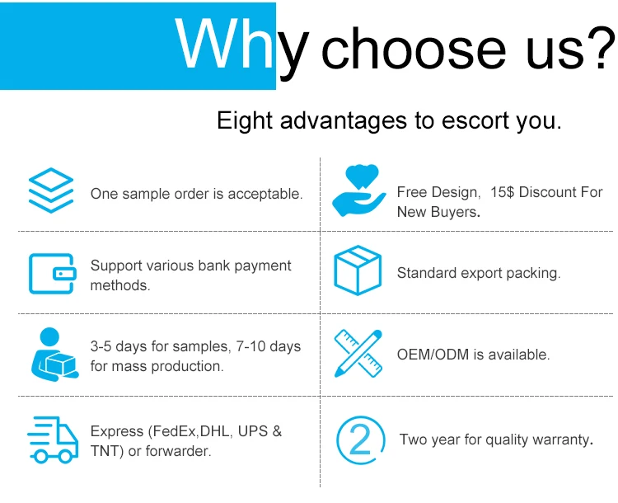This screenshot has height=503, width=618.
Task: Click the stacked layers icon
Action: [51, 190]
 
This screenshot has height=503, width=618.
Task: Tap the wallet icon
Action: [53, 274]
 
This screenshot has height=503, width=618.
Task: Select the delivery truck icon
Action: [53, 440]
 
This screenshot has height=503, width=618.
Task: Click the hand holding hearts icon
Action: [358, 190]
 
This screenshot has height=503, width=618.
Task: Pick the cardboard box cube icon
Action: [358, 270]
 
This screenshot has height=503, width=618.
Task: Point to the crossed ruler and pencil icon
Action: [358, 354]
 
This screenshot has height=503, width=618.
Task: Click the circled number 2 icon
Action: [360, 440]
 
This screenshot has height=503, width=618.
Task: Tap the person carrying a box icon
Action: [54, 355]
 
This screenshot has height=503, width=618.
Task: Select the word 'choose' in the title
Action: [414, 49]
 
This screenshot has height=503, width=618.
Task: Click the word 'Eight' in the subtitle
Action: [245, 120]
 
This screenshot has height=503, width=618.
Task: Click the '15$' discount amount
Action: [502, 192]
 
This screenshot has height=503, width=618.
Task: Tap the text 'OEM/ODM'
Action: [433, 355]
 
